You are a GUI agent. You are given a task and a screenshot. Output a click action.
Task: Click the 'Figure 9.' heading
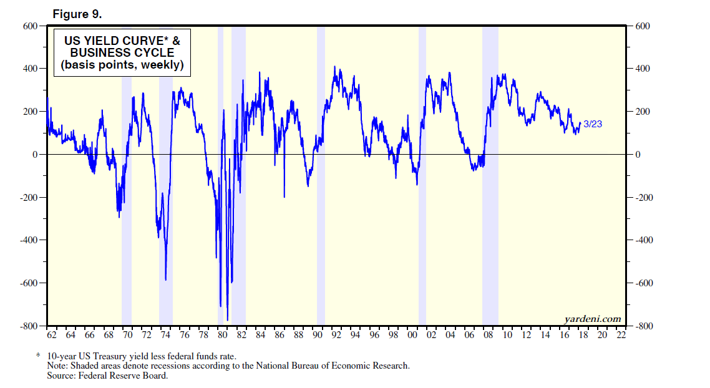point(77,14)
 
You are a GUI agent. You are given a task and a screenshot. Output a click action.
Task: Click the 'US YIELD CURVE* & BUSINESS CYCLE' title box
point(122,53)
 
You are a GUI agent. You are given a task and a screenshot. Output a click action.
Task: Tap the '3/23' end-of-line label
point(593,124)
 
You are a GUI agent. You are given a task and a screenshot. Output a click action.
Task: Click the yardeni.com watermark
point(593,319)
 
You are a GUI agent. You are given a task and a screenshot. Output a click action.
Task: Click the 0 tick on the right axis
point(638,154)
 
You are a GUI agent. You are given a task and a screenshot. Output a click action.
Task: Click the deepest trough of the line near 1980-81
point(227,320)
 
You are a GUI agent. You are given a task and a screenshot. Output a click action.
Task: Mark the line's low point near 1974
point(165,279)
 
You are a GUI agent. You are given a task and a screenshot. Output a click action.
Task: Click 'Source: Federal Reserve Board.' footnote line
point(107,376)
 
